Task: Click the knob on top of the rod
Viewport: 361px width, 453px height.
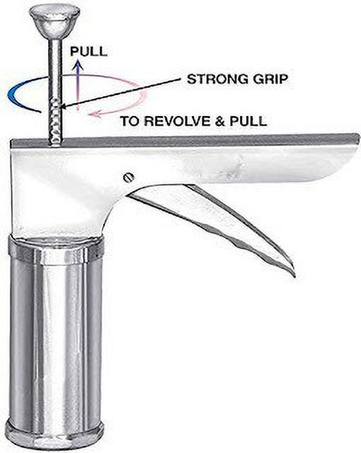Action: point(54,22)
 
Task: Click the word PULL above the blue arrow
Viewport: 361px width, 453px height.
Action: point(89,51)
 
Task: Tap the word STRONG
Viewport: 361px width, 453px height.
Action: point(216,79)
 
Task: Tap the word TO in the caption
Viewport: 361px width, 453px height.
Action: point(130,121)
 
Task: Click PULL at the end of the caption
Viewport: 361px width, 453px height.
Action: point(248,121)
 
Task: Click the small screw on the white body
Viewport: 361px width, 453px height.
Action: point(128,177)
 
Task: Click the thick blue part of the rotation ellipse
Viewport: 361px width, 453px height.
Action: point(15,93)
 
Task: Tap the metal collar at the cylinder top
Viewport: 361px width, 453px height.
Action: point(56,250)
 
